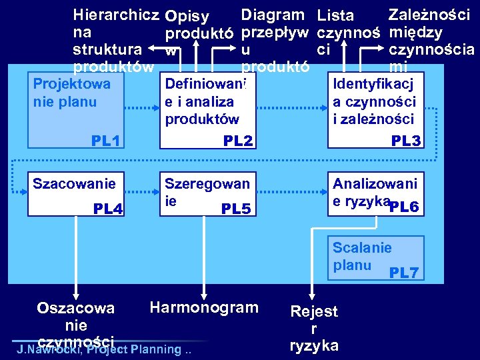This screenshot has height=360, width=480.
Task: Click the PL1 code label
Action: [106, 141]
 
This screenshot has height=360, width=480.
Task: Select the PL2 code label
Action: [238, 141]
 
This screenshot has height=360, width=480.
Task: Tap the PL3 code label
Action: [405, 141]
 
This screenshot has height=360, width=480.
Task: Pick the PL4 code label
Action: [108, 209]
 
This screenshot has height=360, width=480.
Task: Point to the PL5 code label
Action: [236, 209]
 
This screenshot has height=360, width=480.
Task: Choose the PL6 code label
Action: [404, 207]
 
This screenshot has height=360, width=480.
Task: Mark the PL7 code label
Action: [404, 273]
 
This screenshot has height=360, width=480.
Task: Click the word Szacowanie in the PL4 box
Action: [74, 183]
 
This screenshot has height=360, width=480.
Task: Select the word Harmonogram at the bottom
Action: [204, 307]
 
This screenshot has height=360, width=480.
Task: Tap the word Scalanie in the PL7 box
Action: [362, 247]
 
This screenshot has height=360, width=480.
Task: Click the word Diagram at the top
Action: [273, 14]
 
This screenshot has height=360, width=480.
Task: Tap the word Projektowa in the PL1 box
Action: [71, 84]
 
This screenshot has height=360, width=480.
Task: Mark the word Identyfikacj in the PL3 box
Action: [373, 84]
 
